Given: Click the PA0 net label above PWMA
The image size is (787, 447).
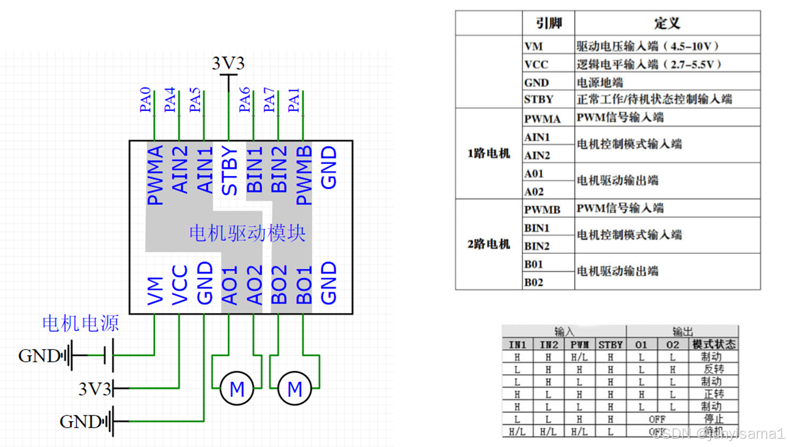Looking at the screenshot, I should click(145, 100).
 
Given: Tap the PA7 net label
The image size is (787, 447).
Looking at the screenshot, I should click(269, 100).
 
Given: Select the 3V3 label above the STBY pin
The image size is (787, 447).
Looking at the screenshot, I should click(228, 63).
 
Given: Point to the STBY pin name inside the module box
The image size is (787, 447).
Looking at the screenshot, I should click(229, 171).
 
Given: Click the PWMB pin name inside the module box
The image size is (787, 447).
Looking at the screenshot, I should click(304, 175).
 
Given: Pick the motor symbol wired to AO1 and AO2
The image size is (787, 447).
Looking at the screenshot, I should click(236, 388).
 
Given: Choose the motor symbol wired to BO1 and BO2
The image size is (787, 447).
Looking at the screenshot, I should click(295, 388).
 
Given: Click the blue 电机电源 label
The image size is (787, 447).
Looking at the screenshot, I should click(81, 323).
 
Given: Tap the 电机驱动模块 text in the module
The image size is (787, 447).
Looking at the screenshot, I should click(247, 233).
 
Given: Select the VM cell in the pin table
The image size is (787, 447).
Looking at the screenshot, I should click(534, 47).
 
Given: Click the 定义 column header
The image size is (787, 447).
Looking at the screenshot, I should click(667, 23).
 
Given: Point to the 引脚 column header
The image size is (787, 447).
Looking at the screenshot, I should click(549, 23).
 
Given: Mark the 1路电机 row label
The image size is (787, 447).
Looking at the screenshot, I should click(488, 153).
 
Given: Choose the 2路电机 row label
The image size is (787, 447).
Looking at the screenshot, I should click(488, 244).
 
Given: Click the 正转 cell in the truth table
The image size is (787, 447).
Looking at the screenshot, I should click(713, 394).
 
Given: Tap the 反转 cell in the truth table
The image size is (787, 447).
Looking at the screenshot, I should click(713, 369).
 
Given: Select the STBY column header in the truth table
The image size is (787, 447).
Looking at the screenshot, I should click(610, 345).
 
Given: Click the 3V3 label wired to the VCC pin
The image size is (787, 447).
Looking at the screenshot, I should click(95, 389).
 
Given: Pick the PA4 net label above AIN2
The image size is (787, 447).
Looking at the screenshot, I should click(169, 100).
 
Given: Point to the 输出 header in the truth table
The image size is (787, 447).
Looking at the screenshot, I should click(682, 331).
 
